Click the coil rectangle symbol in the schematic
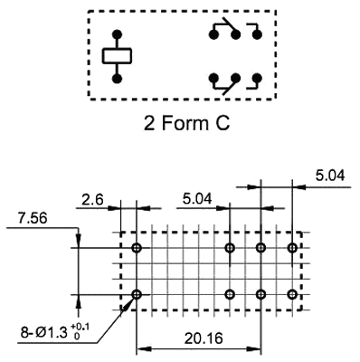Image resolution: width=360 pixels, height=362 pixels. point(118,56)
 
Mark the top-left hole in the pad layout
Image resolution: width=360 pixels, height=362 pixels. point(137,248)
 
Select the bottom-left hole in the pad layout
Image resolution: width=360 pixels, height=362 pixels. point(137,294)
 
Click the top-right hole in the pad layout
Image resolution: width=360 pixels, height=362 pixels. point(292,248)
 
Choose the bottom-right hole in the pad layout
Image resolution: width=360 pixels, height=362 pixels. point(292,294)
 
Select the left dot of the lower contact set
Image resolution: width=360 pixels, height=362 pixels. point(213,78)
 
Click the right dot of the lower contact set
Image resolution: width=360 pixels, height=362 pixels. point(257,78)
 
